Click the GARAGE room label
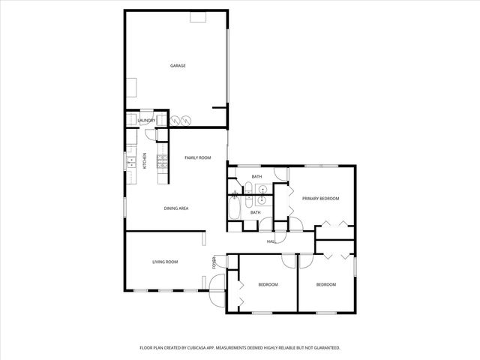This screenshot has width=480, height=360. [x=177, y=66]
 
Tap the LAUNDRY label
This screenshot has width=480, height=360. [x=145, y=120]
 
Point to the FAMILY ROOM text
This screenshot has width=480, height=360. [x=198, y=157]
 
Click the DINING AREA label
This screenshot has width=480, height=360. [x=176, y=208]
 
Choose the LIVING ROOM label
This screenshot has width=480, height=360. [x=165, y=262]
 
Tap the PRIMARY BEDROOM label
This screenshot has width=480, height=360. [x=321, y=199]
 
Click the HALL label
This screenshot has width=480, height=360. [x=271, y=241]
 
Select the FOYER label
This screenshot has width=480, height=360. [x=214, y=263]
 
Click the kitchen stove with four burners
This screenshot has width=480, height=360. [x=160, y=158]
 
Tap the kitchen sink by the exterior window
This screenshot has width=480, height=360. [x=130, y=160]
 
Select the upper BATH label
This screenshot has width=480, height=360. [x=256, y=177]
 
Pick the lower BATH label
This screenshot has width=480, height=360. [x=255, y=212]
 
